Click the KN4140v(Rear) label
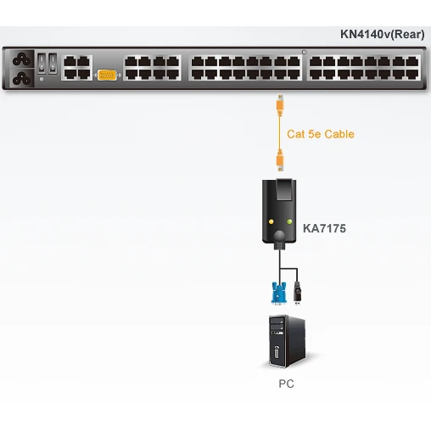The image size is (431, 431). coord(382,35)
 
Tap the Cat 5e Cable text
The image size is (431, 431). coord(321,134)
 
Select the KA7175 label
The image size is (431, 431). coord(324,228)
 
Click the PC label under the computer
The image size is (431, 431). coord(286,383)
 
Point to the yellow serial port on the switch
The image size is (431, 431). coord(107,76)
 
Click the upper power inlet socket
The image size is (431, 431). coord(21,59)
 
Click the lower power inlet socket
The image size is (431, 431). coord(21,78)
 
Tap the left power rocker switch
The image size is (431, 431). coord(42,64)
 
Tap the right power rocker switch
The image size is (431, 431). coord(53,64)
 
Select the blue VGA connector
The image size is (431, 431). coord(278,294)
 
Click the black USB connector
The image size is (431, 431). coord(297,293)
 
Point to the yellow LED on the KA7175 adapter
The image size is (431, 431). coord(271,221)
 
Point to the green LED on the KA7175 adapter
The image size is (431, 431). coord(289,221)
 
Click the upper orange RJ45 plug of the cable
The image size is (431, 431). coord(280,105)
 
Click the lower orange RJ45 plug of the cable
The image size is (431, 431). coord(280,160)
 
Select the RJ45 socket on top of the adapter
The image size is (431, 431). coord(284,189)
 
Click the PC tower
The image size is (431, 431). coord(287,341)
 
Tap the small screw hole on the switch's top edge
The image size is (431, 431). coord(305,52)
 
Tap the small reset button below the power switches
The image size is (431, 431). coord(42,80)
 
